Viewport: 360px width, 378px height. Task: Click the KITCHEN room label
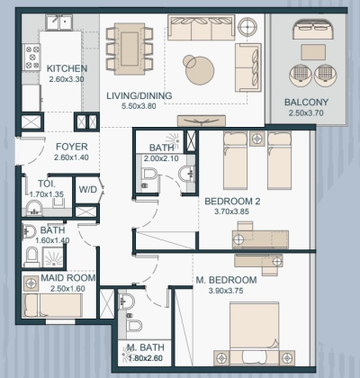coord(67,67)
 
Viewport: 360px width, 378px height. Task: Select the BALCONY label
coord(306,102)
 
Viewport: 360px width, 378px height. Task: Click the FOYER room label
coord(70,147)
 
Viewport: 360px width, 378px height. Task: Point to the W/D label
coord(87,190)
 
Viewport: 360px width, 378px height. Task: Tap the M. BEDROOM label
coord(227,281)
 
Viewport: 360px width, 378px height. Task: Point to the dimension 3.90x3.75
coord(227,292)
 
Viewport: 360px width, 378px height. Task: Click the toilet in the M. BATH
coord(132,324)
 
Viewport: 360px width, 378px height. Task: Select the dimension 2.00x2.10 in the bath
coord(162,159)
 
